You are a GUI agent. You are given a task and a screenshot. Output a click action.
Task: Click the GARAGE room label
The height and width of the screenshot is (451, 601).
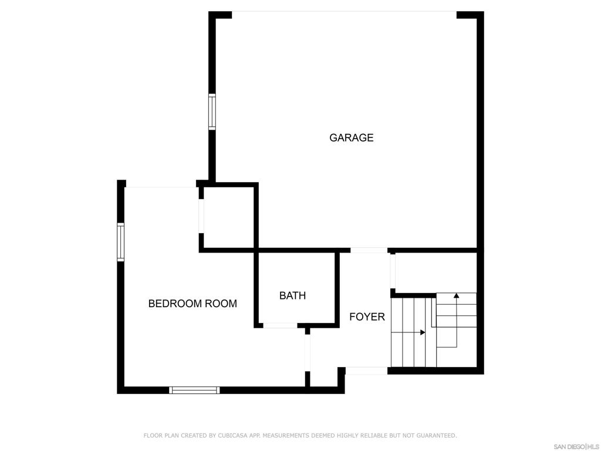tap(351, 137)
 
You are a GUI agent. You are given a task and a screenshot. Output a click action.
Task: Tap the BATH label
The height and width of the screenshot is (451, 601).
tap(292, 296)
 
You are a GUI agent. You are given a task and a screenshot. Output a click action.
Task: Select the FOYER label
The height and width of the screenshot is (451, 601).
tap(367, 317)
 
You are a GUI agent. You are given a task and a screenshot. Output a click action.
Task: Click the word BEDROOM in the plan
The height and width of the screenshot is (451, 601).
tap(175, 304)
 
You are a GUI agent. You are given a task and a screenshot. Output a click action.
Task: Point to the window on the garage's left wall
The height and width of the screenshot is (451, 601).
tap(212, 112)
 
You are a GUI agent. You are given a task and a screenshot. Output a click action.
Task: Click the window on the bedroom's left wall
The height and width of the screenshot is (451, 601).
tap(121, 242)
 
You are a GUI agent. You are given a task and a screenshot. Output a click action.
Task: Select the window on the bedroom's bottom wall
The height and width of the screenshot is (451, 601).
tap(195, 391)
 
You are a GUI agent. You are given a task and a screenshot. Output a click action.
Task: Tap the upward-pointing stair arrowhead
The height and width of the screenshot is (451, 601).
tap(456, 296)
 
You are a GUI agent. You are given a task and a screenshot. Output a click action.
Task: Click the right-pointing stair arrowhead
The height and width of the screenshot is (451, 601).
tap(423, 332)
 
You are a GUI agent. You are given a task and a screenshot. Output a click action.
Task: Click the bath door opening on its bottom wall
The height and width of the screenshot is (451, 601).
tap(280, 325)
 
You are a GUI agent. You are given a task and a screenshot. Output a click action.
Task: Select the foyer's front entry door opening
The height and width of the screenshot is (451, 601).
tap(366, 371)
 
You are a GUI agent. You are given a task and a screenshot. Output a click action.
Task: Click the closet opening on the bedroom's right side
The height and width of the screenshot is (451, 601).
tap(201, 216)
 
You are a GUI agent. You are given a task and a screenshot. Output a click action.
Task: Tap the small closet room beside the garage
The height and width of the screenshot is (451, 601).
tap(228, 217)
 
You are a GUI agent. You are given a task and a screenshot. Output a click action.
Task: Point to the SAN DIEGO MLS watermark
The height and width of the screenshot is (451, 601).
tap(576, 447)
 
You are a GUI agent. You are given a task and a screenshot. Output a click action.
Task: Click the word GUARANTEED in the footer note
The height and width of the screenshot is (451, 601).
tap(436, 435)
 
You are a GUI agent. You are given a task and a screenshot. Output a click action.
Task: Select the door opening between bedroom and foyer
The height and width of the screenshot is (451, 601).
tap(308, 353)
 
